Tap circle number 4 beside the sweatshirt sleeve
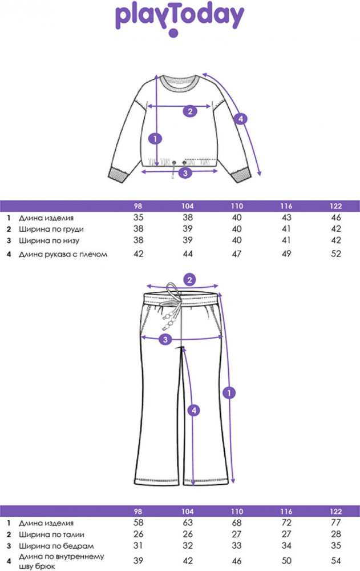point(241,119)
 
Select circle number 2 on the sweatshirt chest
point(190,111)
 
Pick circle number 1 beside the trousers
point(229,392)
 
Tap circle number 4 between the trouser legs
point(194,409)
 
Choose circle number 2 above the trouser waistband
point(191,279)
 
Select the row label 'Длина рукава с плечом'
point(63,254)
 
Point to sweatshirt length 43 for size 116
point(286,218)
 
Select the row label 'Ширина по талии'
point(47,535)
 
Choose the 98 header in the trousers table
point(137,511)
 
